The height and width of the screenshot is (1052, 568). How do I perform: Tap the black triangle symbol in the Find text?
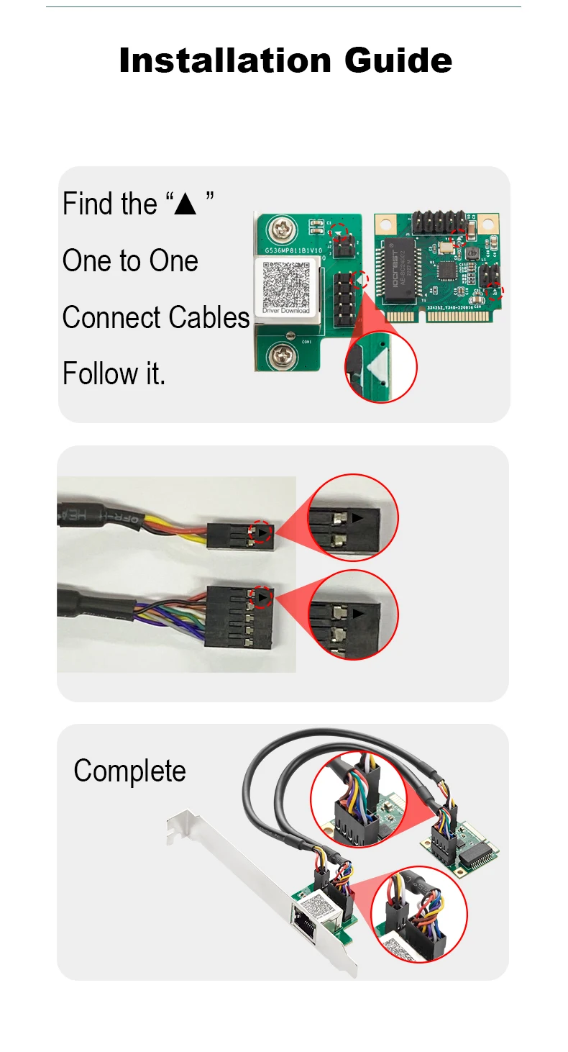click(185, 204)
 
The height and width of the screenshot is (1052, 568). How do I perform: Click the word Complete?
click(129, 771)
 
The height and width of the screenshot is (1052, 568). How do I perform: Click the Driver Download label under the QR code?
click(286, 311)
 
